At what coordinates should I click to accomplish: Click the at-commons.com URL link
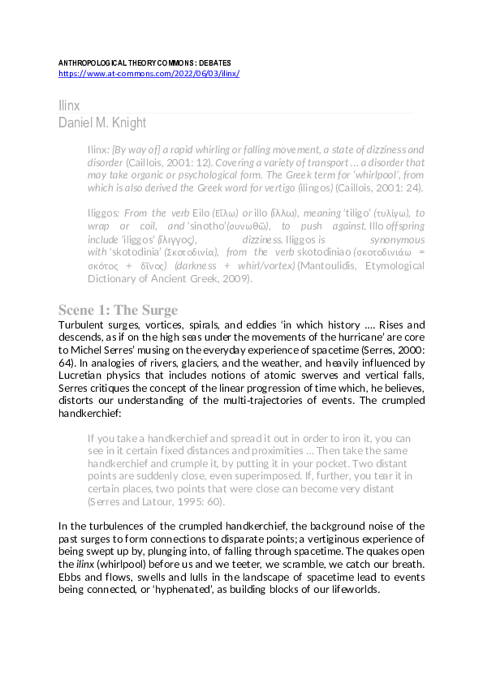(149, 73)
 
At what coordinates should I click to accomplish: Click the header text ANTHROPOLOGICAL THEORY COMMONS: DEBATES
(144, 62)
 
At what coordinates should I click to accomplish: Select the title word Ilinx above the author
(69, 105)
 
